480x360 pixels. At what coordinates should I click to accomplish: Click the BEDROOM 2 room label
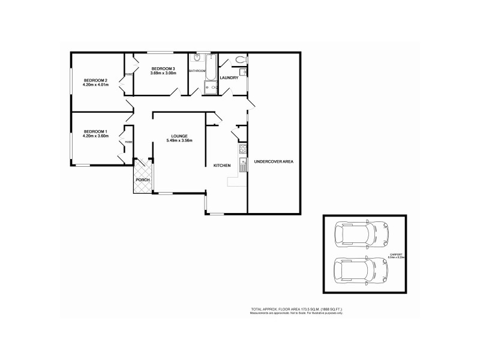coord(95,80)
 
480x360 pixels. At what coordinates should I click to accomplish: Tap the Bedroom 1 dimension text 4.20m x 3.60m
coord(95,136)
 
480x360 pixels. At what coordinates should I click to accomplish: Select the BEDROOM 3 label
coord(163,68)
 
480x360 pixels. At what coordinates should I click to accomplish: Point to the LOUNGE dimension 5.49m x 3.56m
coord(179,141)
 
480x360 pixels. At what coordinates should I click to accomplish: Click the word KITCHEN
coord(222,165)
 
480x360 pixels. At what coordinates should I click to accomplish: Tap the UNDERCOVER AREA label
coord(274,161)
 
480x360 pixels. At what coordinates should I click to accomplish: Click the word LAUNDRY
coord(229,78)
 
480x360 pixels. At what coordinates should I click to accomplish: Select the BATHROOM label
coord(197,71)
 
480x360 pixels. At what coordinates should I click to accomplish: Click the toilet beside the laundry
coord(241,59)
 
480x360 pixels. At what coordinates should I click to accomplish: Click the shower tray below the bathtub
coord(211,89)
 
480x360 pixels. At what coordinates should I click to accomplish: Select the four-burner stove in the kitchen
coord(243,149)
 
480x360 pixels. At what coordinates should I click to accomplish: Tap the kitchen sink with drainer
coord(243,164)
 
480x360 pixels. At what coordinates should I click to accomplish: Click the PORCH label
coord(143,180)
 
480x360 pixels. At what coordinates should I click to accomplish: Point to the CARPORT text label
coord(397,255)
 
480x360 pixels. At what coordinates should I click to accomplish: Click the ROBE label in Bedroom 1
coord(129,142)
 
